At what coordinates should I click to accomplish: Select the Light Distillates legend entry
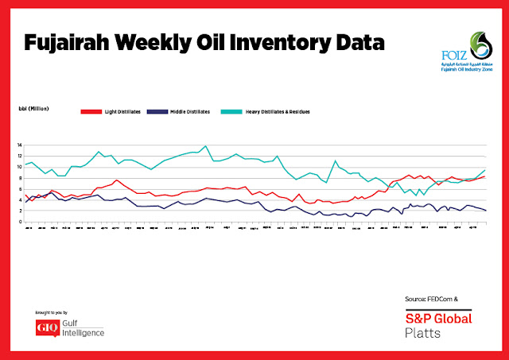tap(117, 112)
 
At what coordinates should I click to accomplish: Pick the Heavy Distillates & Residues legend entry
tap(284, 112)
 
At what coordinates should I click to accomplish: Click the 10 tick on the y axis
tap(19, 168)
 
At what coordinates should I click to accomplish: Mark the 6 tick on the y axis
tap(20, 189)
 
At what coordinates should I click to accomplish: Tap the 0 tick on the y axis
tap(20, 222)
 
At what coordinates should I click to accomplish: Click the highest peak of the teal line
tap(206, 146)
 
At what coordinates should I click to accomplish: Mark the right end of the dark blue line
tap(486, 210)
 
